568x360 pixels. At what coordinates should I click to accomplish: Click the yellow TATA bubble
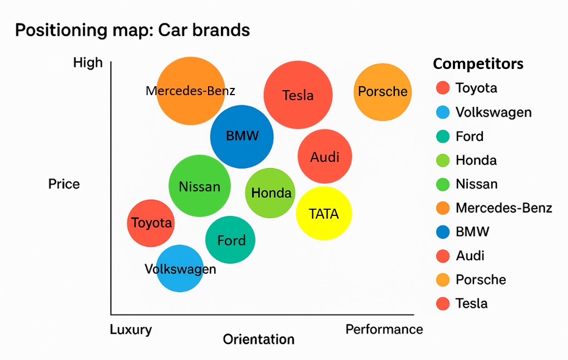tap(324, 213)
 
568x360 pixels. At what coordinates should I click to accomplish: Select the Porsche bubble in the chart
tap(383, 92)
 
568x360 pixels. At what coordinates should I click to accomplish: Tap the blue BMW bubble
tap(242, 136)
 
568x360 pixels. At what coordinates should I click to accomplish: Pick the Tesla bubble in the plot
tap(298, 95)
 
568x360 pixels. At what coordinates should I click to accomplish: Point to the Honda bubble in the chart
tap(270, 193)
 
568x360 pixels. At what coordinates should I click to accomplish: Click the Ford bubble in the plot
tap(230, 240)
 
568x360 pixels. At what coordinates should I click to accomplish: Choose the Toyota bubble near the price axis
tap(151, 223)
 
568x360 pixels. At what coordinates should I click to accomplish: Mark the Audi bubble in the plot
tap(325, 156)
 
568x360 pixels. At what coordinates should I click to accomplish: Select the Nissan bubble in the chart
tap(200, 186)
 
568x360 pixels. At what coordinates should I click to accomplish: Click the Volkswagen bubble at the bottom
tap(180, 268)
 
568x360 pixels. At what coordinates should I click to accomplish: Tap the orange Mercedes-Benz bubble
tap(191, 91)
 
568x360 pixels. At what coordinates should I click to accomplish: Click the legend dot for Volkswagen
tap(443, 112)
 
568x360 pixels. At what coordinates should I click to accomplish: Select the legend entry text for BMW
tap(472, 231)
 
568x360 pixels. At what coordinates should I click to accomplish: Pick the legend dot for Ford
tap(443, 136)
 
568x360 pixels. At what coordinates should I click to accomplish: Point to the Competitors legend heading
tap(478, 64)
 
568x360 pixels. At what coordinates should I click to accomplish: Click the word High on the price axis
tap(88, 63)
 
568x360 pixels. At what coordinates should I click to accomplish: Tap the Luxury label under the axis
tap(131, 329)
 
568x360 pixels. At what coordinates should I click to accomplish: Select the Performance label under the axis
tap(384, 329)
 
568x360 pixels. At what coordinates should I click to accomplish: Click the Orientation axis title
tap(259, 339)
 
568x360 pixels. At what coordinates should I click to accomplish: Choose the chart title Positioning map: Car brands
tap(132, 30)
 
